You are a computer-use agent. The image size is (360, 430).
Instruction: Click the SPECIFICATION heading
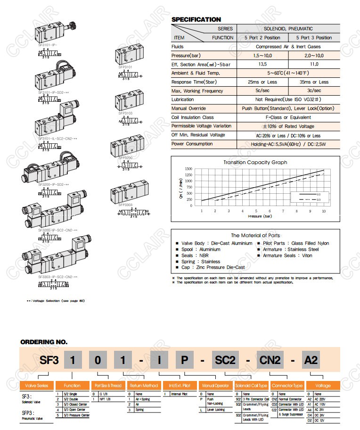click(196, 20)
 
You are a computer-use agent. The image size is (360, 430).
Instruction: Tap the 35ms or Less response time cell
click(314, 82)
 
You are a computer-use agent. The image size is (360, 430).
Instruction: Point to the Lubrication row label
click(183, 99)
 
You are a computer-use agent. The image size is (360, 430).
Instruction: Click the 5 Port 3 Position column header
click(314, 38)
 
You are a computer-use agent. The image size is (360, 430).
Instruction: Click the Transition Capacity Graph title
click(255, 162)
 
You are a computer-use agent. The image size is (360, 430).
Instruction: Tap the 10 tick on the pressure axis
click(324, 211)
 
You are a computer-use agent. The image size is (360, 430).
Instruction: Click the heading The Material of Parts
click(255, 235)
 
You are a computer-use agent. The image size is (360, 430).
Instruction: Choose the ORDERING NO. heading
click(44, 342)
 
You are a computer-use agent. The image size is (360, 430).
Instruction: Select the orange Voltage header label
click(322, 386)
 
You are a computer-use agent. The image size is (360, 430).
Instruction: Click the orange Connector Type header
click(287, 386)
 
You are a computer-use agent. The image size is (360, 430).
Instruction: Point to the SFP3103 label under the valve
click(125, 113)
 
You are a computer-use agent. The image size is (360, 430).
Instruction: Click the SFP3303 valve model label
click(125, 205)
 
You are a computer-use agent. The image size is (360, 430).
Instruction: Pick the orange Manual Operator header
click(215, 386)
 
